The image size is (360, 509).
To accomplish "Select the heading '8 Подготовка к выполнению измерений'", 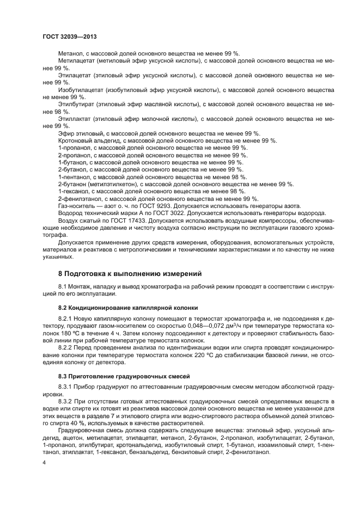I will pyautogui.click(x=130, y=273).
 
